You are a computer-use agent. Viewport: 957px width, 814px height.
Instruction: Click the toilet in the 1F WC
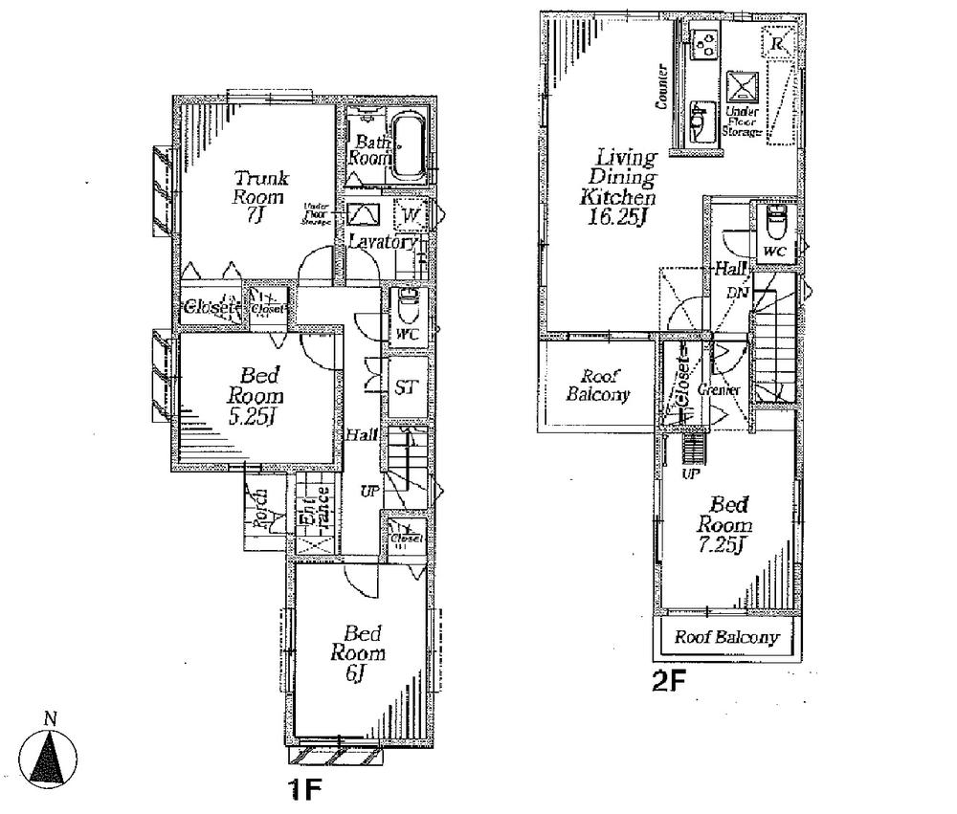(406, 308)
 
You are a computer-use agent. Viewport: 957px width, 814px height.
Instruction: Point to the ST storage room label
(405, 387)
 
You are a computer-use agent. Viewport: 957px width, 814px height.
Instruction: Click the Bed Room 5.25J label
(255, 395)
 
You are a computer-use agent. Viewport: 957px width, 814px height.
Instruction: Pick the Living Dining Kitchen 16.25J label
(626, 187)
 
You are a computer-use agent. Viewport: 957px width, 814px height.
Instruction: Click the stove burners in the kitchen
(706, 45)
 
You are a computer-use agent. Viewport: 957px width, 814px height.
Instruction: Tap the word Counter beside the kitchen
(660, 89)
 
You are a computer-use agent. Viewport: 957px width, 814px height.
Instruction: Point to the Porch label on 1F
(257, 509)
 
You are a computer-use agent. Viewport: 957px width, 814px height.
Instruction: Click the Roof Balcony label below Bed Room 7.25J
(726, 638)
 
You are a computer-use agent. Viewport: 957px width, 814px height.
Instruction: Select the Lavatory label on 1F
(382, 243)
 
